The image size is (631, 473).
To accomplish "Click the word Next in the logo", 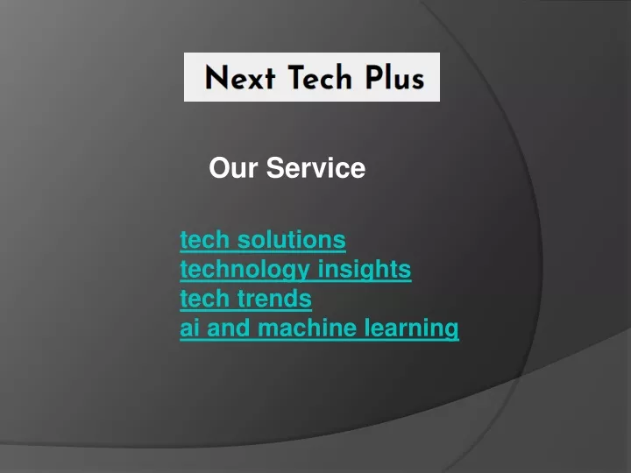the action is point(240,77).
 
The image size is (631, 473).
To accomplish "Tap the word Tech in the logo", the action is point(320,77).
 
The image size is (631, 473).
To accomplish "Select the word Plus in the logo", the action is point(394,76).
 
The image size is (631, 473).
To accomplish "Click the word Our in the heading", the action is point(233,167).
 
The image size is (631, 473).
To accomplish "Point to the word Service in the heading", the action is point(315,167).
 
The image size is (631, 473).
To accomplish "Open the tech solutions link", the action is point(263,240).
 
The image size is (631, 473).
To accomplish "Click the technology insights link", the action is point(295,270).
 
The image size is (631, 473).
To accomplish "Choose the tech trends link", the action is point(246,299).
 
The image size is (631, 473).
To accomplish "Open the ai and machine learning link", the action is point(319,328).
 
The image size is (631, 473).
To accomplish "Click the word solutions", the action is point(291,240).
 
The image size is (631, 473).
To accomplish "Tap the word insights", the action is point(365,270).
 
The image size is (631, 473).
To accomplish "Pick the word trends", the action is point(274,299).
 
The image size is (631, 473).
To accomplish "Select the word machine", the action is point(307,328).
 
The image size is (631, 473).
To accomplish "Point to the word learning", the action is point(411,328).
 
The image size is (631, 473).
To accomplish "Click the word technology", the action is point(245,270).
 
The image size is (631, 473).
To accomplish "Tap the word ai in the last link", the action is point(189,328).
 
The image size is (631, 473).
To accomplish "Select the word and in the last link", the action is point(228,328).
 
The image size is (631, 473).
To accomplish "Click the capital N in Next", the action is point(216,77).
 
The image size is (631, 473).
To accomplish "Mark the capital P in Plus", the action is point(373,77).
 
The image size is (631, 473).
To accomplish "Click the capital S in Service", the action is point(275,167).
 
